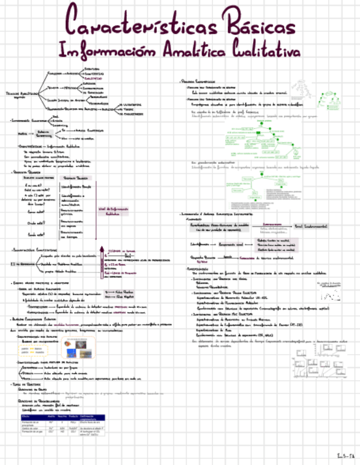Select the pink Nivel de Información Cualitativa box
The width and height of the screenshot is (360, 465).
pyautogui.click(x=112, y=211)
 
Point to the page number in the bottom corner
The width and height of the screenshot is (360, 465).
pyautogui.click(x=345, y=455)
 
